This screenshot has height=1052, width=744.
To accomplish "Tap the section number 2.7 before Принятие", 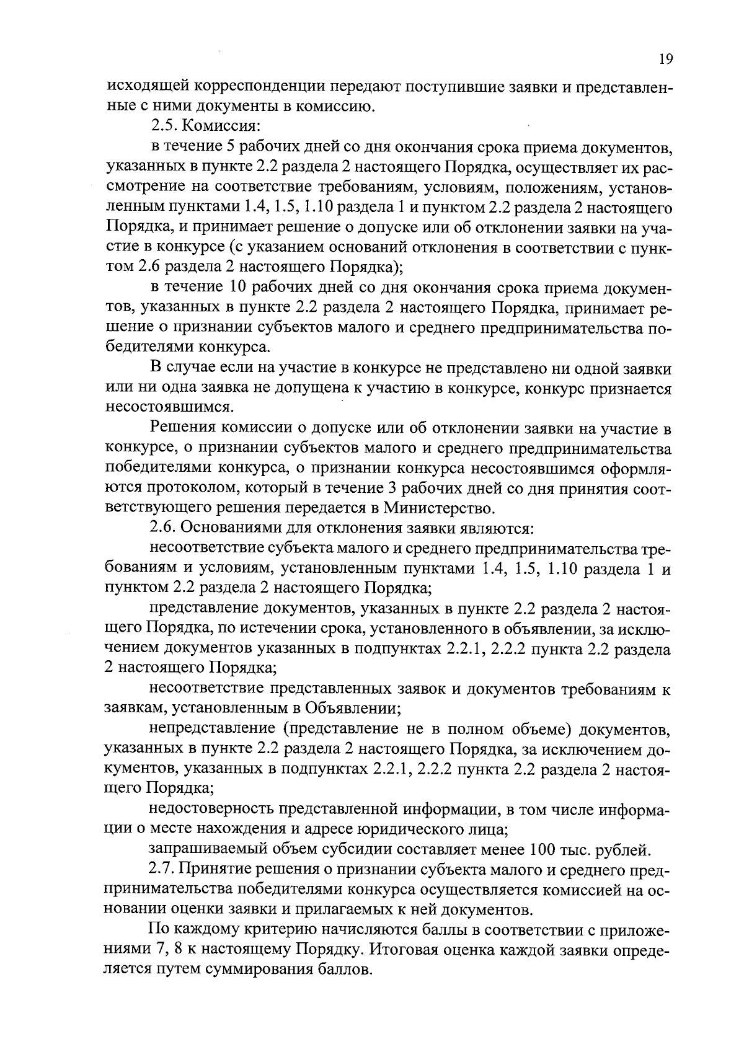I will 164,870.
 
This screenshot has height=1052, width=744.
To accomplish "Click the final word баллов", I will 344,970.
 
